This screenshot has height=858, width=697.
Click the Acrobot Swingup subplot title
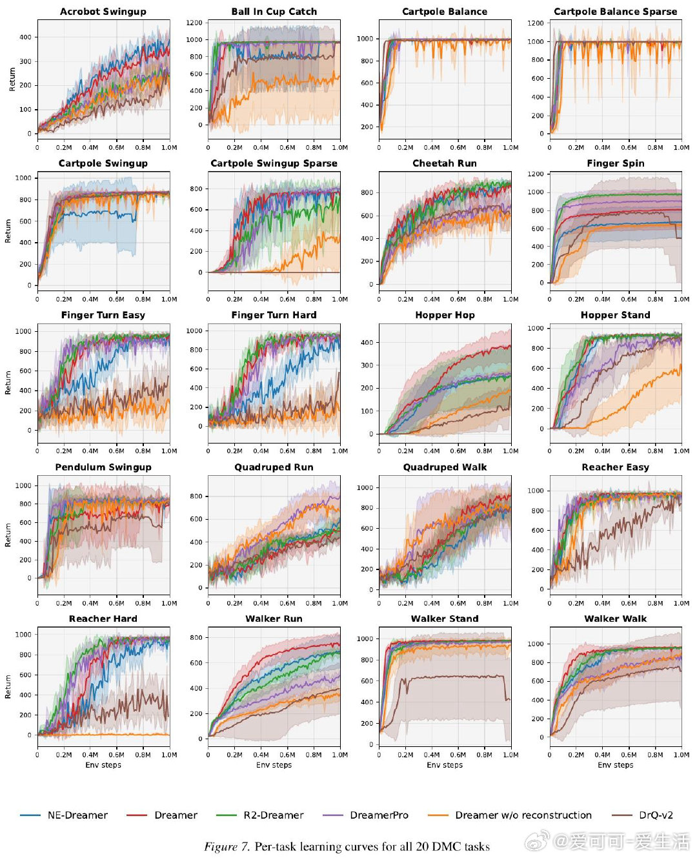click(103, 12)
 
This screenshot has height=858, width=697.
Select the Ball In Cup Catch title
click(274, 12)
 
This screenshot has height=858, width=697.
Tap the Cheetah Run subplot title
click(445, 163)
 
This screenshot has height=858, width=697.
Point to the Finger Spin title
click(615, 163)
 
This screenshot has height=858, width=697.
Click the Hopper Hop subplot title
click(445, 315)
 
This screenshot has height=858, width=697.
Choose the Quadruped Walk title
click(445, 467)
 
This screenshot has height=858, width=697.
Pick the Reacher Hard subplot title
click(103, 618)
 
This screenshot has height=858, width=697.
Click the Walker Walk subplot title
click(615, 618)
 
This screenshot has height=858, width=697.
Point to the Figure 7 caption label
click(227, 847)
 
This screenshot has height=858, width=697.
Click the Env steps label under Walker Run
click(274, 765)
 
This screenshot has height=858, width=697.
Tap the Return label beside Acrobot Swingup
click(12, 79)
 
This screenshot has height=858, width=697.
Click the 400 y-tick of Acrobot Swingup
click(25, 37)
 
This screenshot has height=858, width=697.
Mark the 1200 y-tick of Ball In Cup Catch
click(194, 23)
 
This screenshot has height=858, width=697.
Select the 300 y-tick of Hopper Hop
click(367, 365)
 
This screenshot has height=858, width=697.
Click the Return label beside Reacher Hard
click(8, 686)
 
